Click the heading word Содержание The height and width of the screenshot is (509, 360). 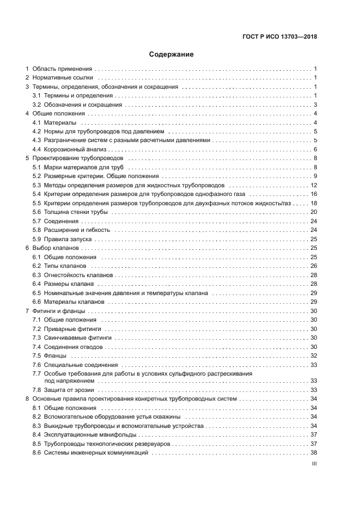(171, 54)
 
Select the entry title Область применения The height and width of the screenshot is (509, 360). (62, 69)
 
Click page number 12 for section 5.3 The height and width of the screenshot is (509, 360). (314, 185)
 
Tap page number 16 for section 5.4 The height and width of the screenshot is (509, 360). (314, 194)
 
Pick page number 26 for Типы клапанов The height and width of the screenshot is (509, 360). (314, 266)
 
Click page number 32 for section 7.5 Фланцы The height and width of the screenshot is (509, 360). (314, 355)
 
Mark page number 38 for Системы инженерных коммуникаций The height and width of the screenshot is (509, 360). (314, 453)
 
